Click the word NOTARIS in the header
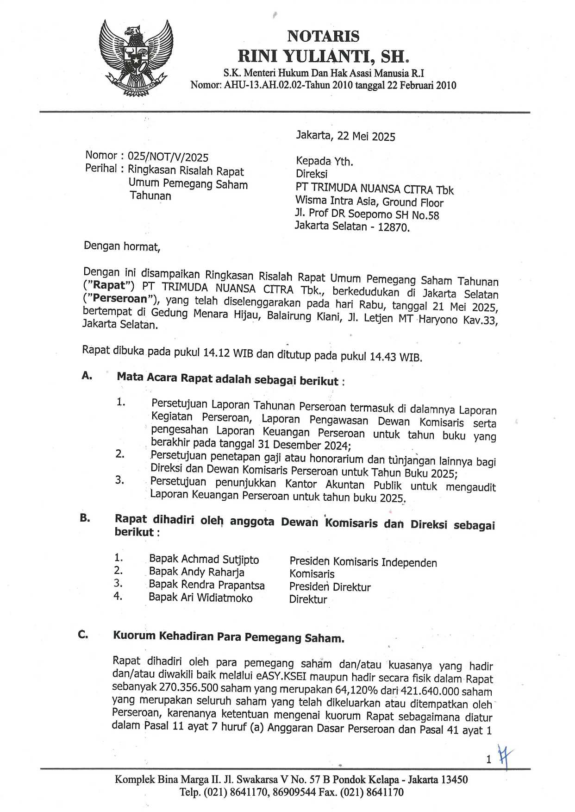point(323,36)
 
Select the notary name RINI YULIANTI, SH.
point(323,57)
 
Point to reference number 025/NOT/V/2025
point(168,157)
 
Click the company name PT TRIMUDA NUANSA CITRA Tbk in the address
point(375,189)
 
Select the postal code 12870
point(394,227)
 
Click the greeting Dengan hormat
point(122,246)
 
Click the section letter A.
point(87,376)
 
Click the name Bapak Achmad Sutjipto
point(204,560)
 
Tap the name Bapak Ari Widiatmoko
point(200,598)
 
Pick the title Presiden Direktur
point(330,587)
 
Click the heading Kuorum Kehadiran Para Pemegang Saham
point(229,637)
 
